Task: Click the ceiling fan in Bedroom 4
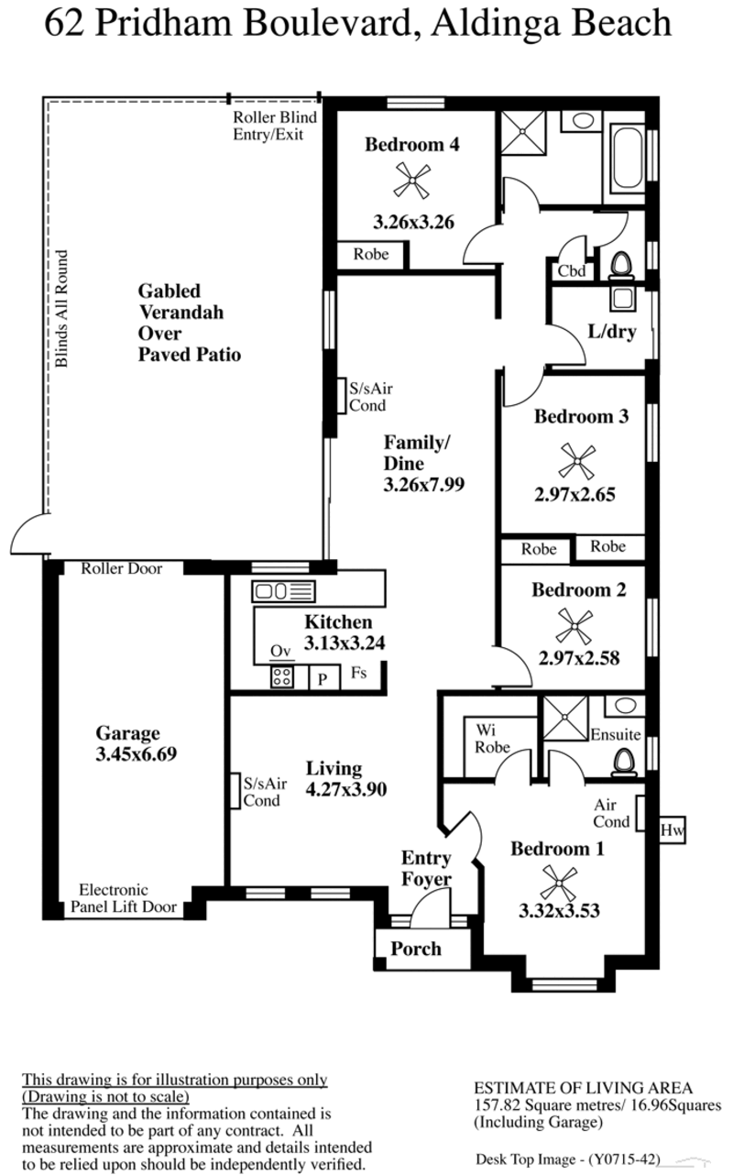[412, 181]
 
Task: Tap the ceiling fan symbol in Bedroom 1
[558, 884]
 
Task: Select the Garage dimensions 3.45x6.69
[137, 754]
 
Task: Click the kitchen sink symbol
[284, 591]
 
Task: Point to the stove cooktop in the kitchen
[281, 676]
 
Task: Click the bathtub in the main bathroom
[628, 159]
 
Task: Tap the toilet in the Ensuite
[624, 763]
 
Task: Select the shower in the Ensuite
[565, 719]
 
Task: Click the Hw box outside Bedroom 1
[673, 829]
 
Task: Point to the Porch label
[416, 949]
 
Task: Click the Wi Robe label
[492, 739]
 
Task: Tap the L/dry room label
[612, 332]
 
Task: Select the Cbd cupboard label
[571, 271]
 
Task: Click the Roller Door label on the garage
[122, 568]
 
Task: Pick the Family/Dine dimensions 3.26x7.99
[423, 484]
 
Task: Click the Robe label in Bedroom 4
[371, 255]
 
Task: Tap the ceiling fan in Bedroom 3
[576, 461]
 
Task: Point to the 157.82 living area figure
[497, 1105]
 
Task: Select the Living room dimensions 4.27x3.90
[346, 789]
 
